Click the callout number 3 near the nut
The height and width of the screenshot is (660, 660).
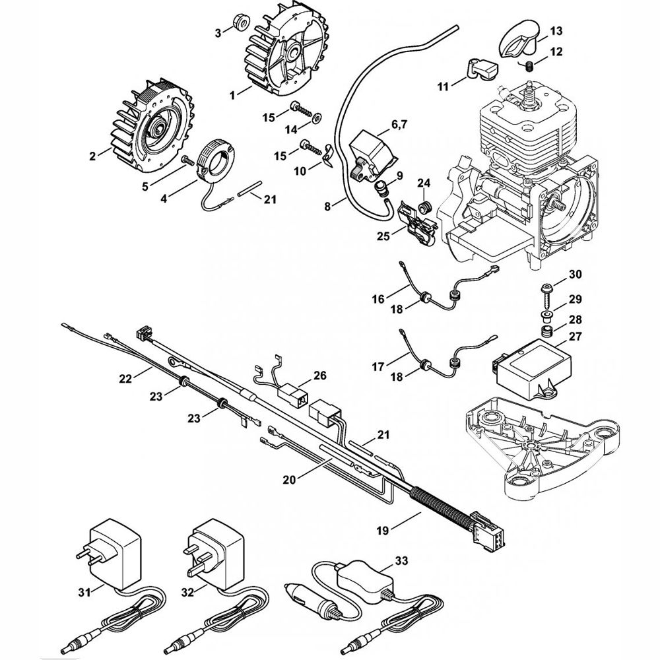coord(218,33)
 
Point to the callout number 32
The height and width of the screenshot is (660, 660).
coord(187,592)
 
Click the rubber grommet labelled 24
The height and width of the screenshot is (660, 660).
coord(426,207)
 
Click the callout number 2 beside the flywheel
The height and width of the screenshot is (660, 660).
coord(92,156)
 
